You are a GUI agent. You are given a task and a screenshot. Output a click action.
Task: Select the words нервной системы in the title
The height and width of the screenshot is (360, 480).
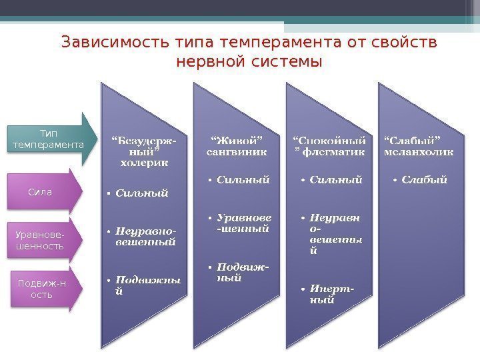[x=249, y=62]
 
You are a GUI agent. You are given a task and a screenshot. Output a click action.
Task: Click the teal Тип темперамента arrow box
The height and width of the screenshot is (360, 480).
[x=48, y=139]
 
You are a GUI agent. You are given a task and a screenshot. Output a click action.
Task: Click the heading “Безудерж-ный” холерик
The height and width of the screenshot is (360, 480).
[x=144, y=151]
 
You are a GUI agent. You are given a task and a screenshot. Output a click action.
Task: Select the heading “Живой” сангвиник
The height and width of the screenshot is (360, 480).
[x=236, y=145]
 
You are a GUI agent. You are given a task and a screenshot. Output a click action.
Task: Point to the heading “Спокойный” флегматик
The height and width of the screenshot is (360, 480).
[x=329, y=145]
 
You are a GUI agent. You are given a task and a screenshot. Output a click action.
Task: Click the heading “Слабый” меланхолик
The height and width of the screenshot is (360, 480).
[x=419, y=145]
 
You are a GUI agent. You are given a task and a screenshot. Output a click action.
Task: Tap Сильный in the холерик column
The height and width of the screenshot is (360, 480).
[x=141, y=193]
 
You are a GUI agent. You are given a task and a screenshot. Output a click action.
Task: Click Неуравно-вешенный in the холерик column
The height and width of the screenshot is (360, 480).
[x=145, y=237]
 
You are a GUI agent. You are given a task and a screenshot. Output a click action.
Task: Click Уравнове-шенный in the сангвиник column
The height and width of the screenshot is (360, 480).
[x=244, y=223]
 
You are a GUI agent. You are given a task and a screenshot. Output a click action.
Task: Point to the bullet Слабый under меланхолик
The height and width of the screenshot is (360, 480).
[x=424, y=179]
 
